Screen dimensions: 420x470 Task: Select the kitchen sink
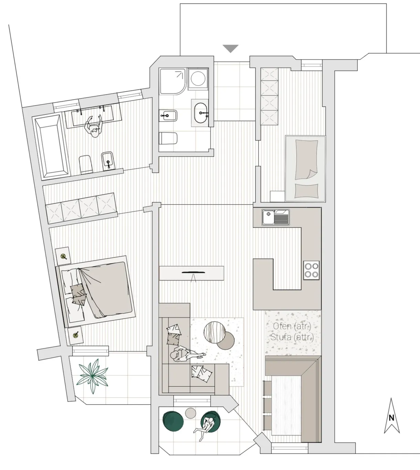(x=276, y=217)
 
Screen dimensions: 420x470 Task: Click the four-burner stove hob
(x=312, y=270)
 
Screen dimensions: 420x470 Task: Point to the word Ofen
(x=282, y=326)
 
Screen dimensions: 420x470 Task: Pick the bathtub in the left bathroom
(x=52, y=146)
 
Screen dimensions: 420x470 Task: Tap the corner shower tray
(x=173, y=81)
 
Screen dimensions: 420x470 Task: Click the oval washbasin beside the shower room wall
(x=201, y=113)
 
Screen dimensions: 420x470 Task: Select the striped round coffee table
(x=215, y=332)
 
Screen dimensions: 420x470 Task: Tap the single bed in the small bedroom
(x=305, y=169)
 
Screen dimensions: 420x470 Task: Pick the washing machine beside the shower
(x=198, y=79)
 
